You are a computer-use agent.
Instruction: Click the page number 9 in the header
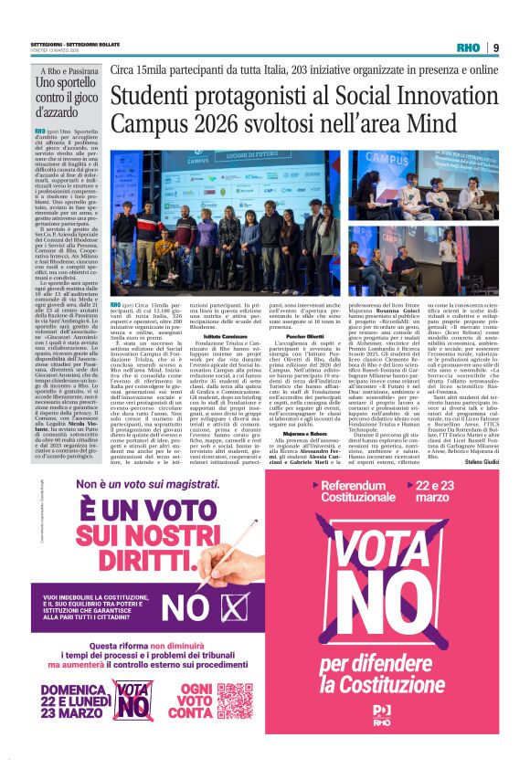point(495,47)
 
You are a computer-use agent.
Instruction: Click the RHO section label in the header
point(469,47)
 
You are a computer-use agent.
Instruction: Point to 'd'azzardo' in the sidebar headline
point(58,116)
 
